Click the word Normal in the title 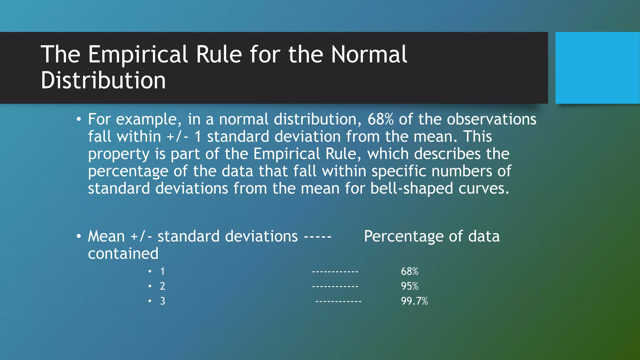(x=369, y=54)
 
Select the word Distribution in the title (x=103, y=80)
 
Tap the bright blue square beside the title (x=597, y=68)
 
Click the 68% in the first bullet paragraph (x=380, y=119)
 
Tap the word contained (x=123, y=253)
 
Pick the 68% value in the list (x=409, y=271)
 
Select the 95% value (x=409, y=286)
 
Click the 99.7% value (x=414, y=301)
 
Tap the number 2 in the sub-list (x=162, y=286)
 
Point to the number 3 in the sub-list (x=162, y=301)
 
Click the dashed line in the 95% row (x=335, y=286)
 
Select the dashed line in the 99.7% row (x=338, y=301)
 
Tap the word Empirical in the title (x=138, y=54)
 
